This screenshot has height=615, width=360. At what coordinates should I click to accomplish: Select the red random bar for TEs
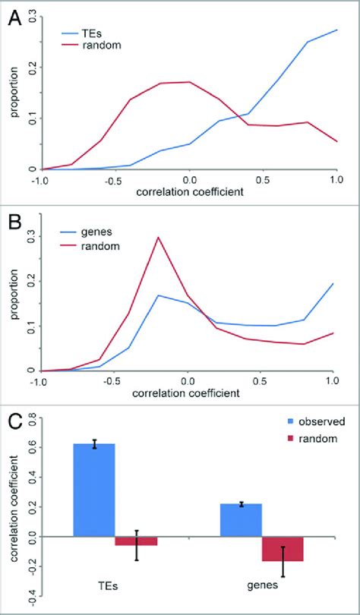point(136,541)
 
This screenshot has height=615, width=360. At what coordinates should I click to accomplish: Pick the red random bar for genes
point(283,548)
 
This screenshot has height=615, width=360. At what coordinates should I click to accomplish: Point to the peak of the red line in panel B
point(158,237)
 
